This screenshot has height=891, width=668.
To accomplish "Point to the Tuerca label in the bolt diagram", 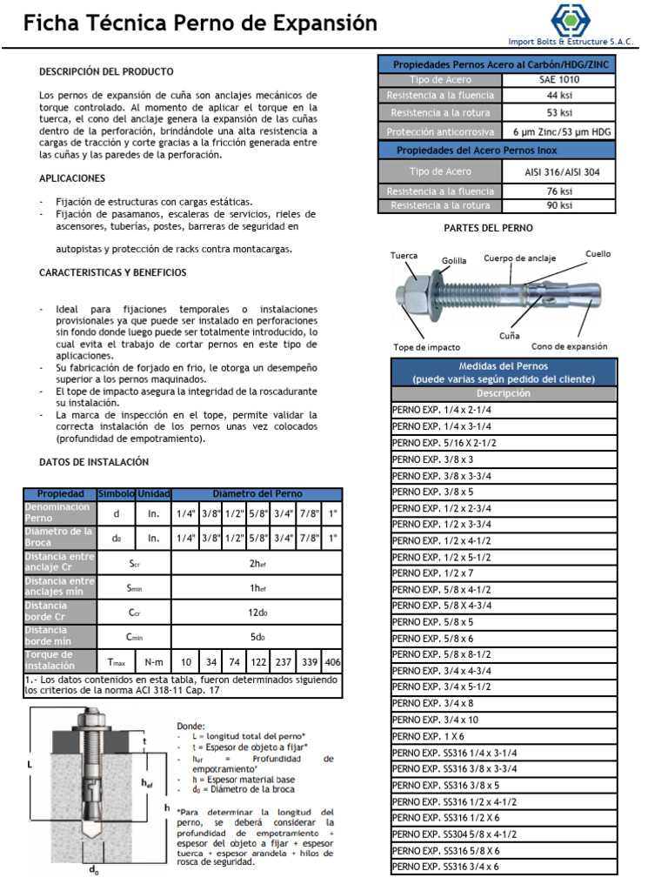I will point(404,256).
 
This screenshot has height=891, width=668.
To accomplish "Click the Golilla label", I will point(454,260).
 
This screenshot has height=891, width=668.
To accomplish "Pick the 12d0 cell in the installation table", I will point(257,613).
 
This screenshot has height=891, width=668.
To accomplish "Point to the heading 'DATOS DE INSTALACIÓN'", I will point(94,462).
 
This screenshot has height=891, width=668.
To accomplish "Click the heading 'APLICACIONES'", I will point(72,178).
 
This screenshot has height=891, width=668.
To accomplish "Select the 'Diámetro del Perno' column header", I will point(257,493).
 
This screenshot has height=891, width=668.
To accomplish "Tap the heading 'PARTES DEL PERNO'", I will point(488,228).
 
